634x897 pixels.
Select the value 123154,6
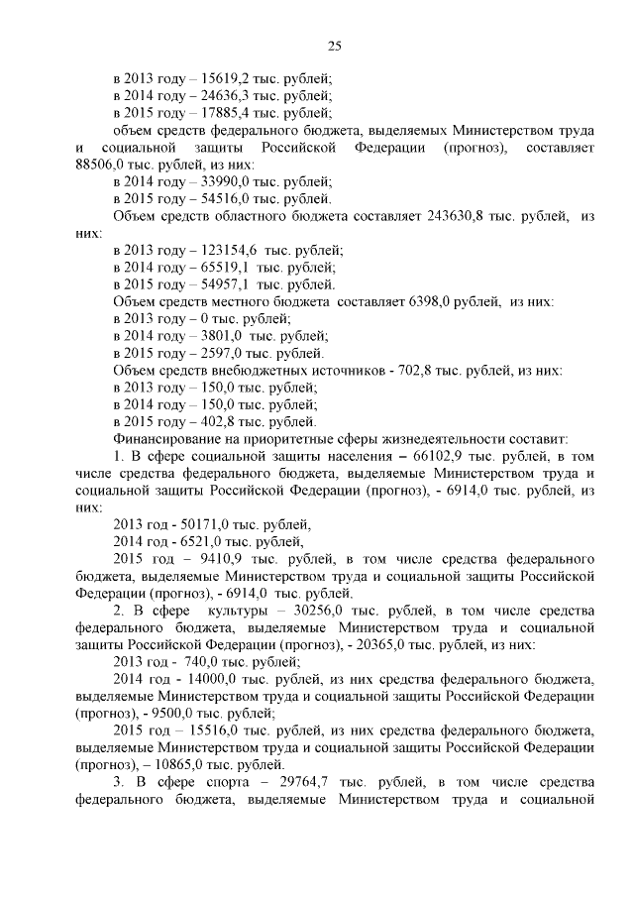(x=230, y=251)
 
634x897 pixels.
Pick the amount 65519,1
(x=226, y=268)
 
